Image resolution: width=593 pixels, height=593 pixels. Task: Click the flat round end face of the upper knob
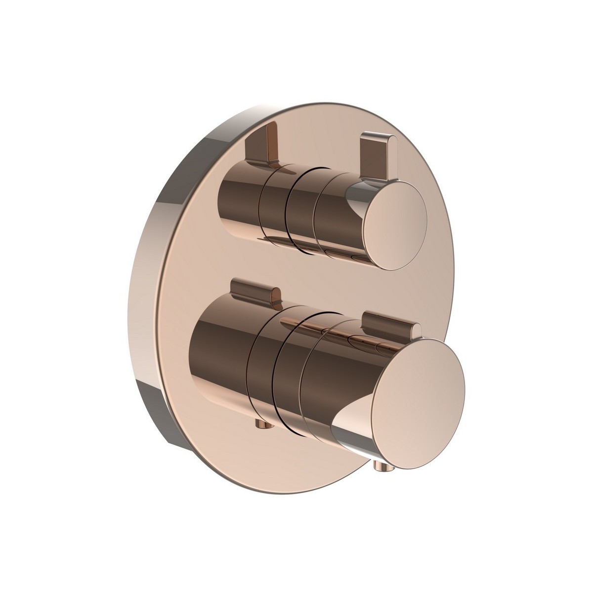click(394, 227)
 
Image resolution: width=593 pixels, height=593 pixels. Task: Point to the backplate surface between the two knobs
click(306, 277)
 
